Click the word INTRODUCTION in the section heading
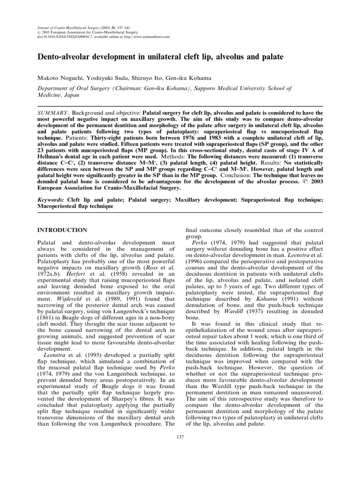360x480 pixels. coord(63,230)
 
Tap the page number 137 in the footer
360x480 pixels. coord(180,437)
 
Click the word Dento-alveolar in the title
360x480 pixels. coord(66,56)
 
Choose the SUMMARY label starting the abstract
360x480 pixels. coord(53,113)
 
